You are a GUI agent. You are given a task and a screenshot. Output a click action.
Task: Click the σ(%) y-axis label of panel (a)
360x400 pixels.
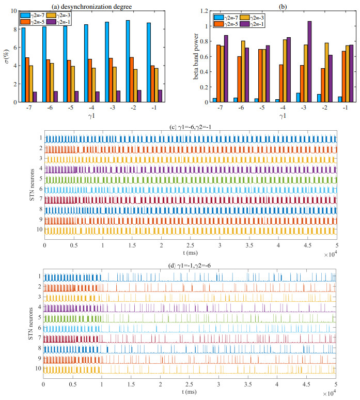click(7, 56)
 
